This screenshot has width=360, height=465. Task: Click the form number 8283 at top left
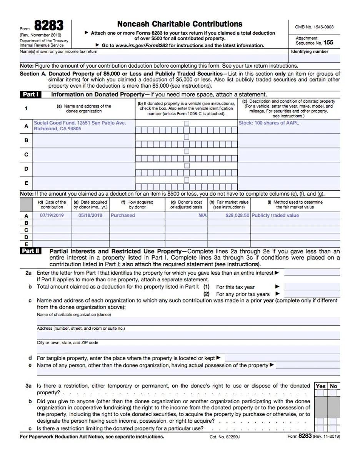tap(48, 26)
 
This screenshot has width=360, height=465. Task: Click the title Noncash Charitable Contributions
tap(180, 24)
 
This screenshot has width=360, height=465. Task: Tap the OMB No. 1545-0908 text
tap(314, 27)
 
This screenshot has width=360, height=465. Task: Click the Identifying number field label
tap(309, 51)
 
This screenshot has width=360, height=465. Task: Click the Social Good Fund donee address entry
tap(80, 126)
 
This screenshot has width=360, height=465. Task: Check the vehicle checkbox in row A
tap(187, 123)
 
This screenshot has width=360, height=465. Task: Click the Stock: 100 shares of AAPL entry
tap(268, 123)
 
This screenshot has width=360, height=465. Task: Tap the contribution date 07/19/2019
tap(52, 216)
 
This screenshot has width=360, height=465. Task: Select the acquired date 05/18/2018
tap(90, 216)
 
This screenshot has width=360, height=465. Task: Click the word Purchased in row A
tap(123, 216)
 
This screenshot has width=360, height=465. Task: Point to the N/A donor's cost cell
tap(202, 216)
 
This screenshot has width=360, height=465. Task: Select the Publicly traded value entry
tap(275, 216)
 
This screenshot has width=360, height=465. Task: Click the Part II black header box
tap(30, 251)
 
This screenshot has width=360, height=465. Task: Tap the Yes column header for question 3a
tap(320, 386)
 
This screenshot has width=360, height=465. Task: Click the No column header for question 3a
tap(333, 386)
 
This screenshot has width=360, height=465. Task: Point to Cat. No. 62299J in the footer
tap(225, 437)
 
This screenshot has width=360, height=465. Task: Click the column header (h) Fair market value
tap(229, 204)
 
